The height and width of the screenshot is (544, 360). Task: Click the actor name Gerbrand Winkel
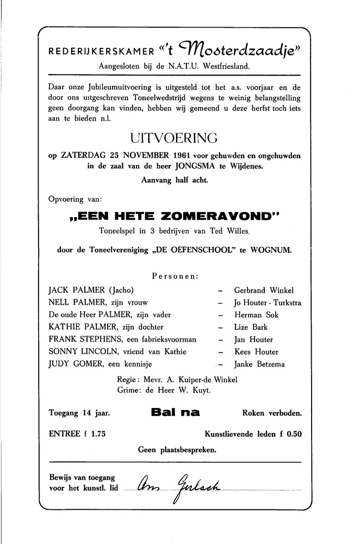[x=264, y=290]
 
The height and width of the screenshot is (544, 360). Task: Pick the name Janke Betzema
[x=259, y=364]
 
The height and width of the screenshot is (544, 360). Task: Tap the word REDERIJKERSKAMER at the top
[x=100, y=53]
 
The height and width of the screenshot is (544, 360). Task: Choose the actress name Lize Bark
[x=251, y=327]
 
